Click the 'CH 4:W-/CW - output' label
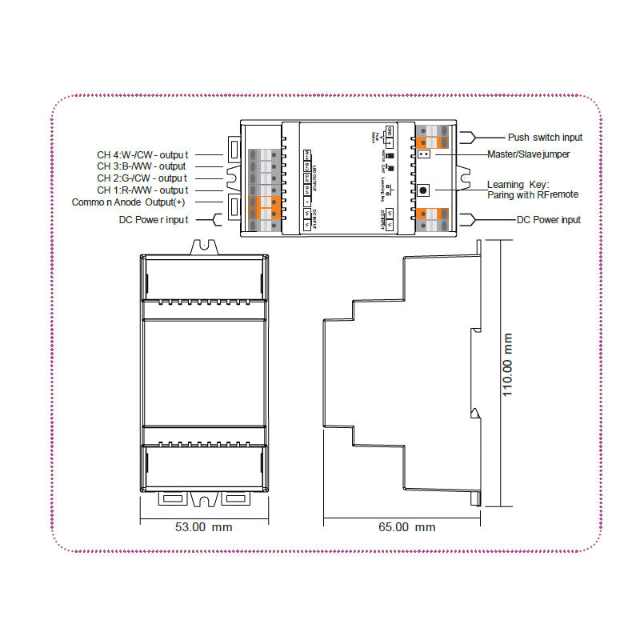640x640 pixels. click(142, 155)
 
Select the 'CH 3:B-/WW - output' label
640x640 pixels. click(142, 166)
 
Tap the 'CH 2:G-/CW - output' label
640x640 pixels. click(142, 178)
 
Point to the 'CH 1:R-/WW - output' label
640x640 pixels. click(142, 190)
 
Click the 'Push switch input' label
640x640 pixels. click(545, 138)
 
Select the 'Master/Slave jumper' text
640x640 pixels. click(529, 154)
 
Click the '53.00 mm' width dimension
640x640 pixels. click(203, 527)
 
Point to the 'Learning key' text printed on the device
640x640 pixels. click(384, 189)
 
